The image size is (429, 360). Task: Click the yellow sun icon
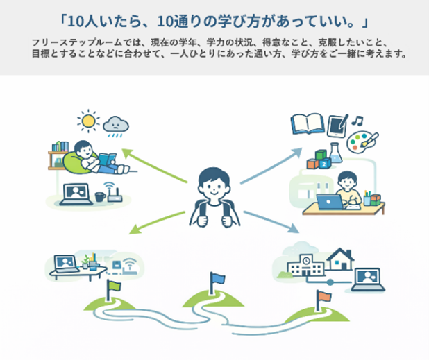[x=88, y=121]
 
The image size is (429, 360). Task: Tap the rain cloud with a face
[x=116, y=125]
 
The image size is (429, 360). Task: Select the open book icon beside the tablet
[x=308, y=123]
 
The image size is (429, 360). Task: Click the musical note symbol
[x=357, y=120]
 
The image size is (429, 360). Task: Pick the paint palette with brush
[x=362, y=142]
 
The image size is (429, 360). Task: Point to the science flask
[x=335, y=153]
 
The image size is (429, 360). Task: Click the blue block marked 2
[x=324, y=164]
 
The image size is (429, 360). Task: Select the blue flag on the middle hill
[x=217, y=282]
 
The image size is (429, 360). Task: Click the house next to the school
[x=340, y=259]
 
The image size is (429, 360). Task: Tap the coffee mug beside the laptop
[x=100, y=196]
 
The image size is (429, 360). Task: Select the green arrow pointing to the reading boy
[x=155, y=166]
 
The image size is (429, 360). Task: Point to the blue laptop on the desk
[x=330, y=202]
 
